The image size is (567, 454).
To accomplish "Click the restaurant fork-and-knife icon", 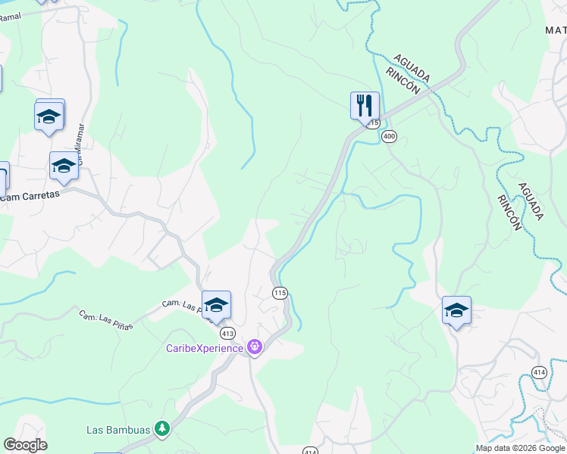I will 365,104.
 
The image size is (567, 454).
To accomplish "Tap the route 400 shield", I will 389,136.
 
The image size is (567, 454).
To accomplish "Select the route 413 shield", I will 227,333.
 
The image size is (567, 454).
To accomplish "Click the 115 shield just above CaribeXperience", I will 280,293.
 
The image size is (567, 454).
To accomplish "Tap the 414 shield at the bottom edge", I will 311,451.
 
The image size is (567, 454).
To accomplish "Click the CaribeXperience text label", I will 205,348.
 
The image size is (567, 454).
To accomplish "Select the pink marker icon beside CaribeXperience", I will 253,348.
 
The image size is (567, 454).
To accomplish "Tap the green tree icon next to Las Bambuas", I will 161,429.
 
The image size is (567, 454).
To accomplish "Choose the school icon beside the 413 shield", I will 216,305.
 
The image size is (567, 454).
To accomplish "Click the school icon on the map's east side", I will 456,310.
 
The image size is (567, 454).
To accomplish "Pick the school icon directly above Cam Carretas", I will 64,166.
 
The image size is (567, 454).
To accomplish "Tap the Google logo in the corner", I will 25,445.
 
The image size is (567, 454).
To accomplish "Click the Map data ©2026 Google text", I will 519,448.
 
